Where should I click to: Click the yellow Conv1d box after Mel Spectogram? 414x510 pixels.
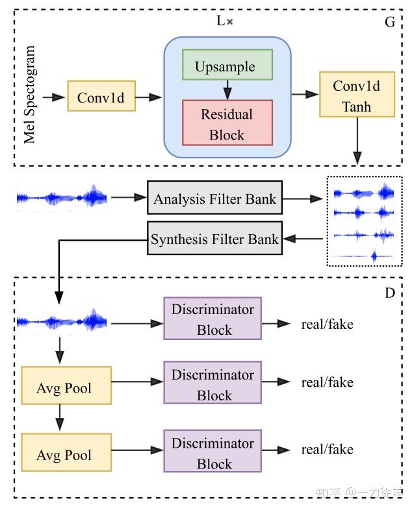(100, 97)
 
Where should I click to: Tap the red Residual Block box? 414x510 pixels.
(227, 123)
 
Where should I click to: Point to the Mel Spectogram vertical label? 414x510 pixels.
(30, 95)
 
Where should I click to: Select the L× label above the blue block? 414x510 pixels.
(224, 21)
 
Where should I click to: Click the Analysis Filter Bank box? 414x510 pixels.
(214, 199)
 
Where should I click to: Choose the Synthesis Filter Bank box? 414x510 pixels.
(214, 239)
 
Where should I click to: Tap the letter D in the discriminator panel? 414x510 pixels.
(390, 293)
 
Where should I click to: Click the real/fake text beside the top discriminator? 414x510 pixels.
(327, 323)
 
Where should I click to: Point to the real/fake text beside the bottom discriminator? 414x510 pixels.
(327, 449)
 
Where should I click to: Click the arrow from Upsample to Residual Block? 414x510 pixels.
(227, 90)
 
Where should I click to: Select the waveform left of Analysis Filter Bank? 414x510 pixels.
(62, 197)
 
